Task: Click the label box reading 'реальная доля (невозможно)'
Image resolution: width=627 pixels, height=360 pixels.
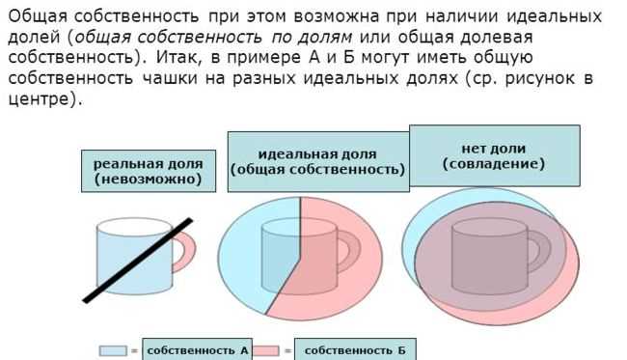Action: point(148,172)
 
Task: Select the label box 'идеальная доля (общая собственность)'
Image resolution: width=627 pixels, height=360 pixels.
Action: point(317,161)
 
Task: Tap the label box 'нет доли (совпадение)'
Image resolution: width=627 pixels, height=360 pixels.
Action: point(494,155)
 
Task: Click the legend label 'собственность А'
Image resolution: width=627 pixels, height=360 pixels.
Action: point(197,350)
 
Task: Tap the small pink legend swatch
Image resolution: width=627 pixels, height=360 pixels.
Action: point(266,351)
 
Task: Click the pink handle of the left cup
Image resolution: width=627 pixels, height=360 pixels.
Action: point(186,249)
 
